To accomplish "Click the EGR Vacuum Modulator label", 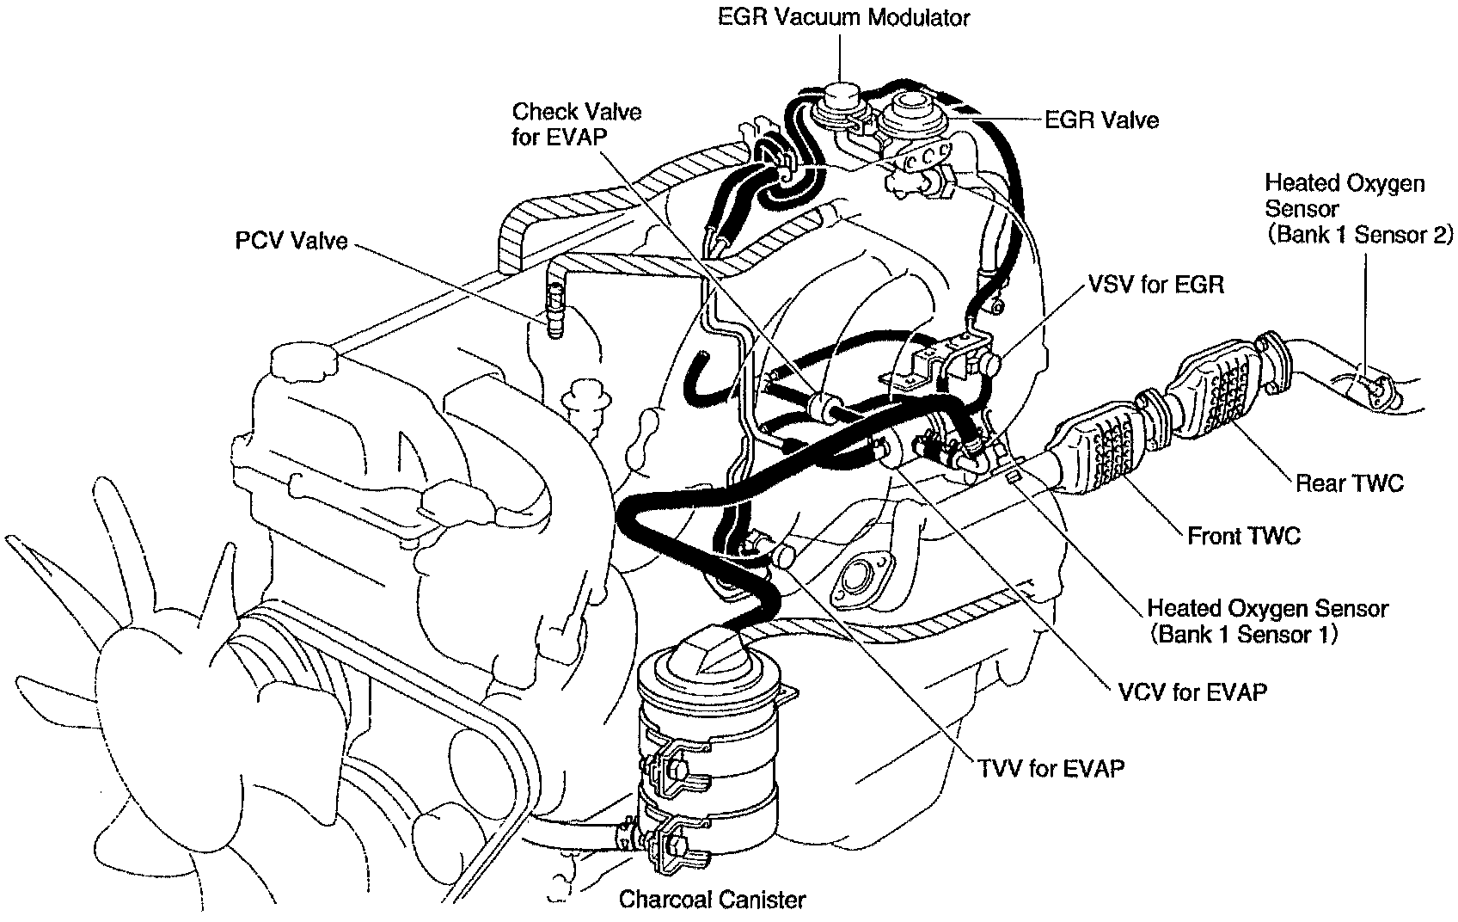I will coord(843,16).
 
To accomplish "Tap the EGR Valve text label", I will coord(1101,120).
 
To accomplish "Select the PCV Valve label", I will coord(291,240).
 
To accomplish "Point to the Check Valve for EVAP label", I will coord(576,124).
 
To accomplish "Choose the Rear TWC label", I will coord(1349,483).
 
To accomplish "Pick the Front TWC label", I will coord(1244,536).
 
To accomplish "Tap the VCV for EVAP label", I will coord(1195,691).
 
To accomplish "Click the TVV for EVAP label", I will coord(1051,767).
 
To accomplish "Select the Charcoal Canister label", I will coord(713,900).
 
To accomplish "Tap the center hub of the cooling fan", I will coord(150,679).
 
